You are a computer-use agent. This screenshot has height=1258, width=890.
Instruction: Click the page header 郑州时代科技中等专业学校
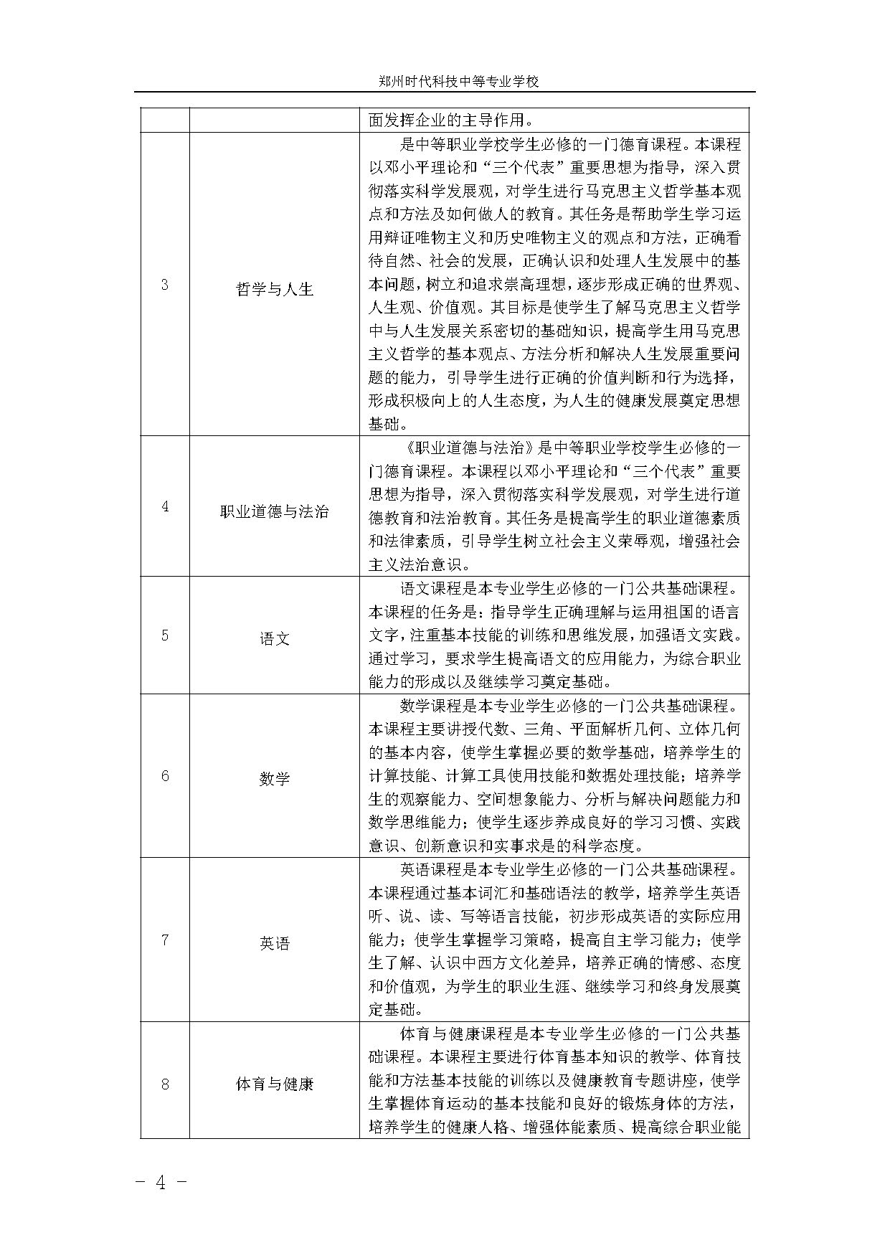pos(458,82)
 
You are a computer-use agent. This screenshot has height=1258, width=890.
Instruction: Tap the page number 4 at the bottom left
pos(161,1183)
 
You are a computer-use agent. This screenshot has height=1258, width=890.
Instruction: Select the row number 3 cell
pos(165,285)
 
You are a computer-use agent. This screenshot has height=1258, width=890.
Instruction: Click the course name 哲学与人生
pos(275,290)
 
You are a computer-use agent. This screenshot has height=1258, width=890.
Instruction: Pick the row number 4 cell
pos(165,506)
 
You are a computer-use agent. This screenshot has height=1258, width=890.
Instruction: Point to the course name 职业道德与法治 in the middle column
pos(275,511)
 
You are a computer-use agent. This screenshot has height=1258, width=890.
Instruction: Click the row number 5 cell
pos(165,635)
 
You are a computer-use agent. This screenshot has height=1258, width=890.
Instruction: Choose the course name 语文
pos(275,638)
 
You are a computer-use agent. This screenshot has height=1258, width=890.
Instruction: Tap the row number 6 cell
pos(165,776)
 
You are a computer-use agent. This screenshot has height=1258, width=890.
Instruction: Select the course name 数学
pos(275,779)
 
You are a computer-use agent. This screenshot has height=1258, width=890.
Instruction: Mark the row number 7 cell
pos(165,940)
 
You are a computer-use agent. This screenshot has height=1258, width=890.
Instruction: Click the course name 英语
pos(275,943)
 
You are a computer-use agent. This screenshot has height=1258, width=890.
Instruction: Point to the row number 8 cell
pos(165,1084)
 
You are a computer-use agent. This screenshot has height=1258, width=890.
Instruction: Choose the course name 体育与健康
pos(275,1084)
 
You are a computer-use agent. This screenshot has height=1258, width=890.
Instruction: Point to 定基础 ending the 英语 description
pos(393,1010)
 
